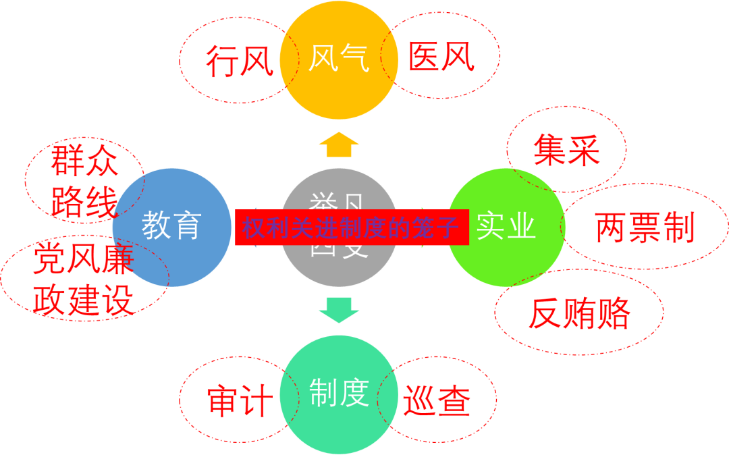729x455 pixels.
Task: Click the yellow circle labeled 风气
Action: [x=338, y=59]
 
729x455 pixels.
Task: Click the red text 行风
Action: [x=240, y=61]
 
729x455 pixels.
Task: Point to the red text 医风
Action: [x=441, y=58]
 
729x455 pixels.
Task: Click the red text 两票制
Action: [x=645, y=228]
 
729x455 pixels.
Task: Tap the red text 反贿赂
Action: [x=580, y=313]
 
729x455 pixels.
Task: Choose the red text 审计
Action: [x=240, y=402]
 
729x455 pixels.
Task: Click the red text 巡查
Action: [x=437, y=402]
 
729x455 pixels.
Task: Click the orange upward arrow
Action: [x=339, y=144]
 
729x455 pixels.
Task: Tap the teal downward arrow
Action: [x=339, y=309]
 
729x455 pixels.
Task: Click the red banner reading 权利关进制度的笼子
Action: [x=352, y=228]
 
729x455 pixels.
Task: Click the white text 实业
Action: [x=506, y=228]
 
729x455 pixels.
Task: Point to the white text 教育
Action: [x=171, y=226]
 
